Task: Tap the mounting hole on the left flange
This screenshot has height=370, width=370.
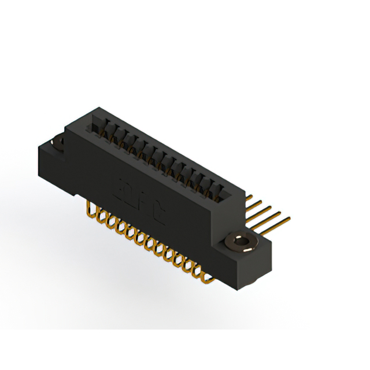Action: coord(58,142)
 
